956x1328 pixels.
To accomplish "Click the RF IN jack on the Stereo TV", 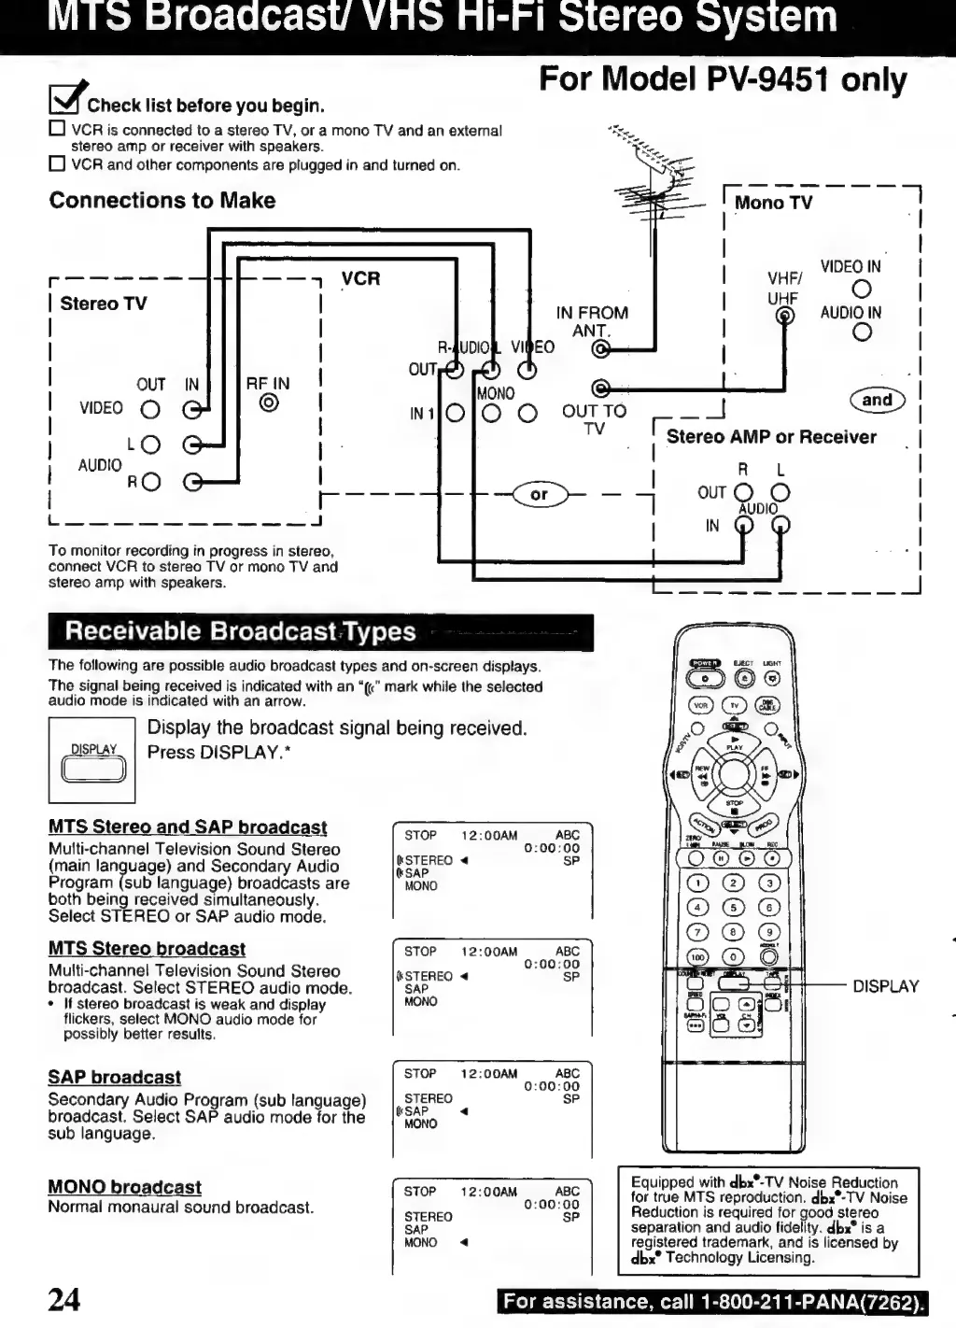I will click(269, 403).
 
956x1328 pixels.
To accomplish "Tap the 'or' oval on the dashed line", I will click(540, 494).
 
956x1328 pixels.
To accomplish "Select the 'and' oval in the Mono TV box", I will click(877, 400).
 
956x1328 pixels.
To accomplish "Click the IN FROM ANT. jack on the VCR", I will click(602, 350).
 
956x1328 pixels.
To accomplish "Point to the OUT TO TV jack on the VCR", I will click(601, 389).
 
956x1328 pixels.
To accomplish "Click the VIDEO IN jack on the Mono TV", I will click(862, 290).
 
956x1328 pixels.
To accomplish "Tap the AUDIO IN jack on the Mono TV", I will click(862, 332).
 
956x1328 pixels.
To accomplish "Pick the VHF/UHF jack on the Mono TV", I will click(785, 316).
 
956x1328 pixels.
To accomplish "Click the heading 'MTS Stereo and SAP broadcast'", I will click(188, 827).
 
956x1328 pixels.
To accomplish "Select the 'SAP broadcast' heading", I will click(114, 1077).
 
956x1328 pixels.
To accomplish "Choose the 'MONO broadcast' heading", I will click(124, 1187).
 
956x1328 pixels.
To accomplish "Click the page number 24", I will click(64, 1299).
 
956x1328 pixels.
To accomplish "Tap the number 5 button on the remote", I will click(734, 907).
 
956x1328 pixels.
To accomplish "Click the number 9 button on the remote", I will click(768, 931).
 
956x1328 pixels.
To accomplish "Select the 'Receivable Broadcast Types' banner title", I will click(240, 631).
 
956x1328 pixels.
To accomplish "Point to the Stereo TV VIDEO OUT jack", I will click(150, 409).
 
